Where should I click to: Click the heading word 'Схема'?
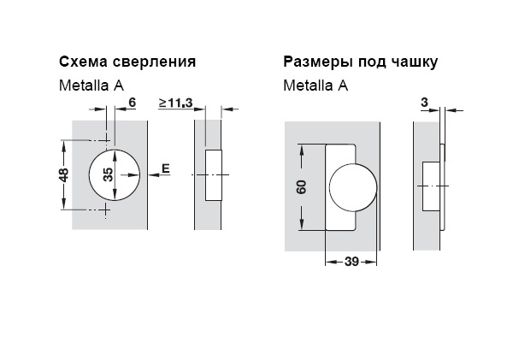[80, 62]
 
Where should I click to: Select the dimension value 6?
[132, 103]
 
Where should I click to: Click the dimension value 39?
[351, 263]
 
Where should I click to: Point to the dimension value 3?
[425, 103]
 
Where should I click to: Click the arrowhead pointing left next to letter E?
[152, 174]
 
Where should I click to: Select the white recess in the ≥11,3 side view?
[215, 174]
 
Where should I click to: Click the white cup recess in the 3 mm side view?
[432, 186]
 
